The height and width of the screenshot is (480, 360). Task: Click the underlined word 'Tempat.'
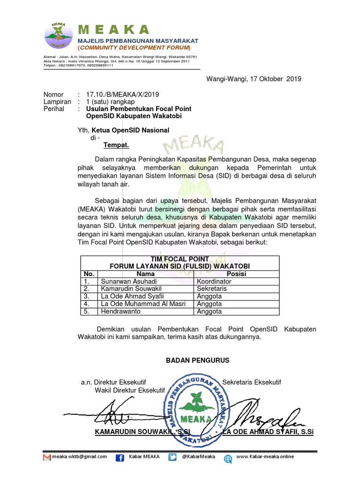[116, 145]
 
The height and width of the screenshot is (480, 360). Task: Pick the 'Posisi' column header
[236, 274]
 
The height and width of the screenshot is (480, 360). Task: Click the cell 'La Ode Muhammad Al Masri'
[143, 304]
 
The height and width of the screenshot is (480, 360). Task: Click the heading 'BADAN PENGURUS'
[198, 360]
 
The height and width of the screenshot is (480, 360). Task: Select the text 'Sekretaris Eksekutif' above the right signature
[252, 382]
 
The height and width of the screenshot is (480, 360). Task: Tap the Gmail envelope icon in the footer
[46, 457]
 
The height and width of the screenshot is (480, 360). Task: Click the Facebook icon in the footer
[120, 458]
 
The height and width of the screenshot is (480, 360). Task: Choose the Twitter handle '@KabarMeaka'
[198, 457]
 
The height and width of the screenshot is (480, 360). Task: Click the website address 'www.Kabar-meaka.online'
[265, 457]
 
